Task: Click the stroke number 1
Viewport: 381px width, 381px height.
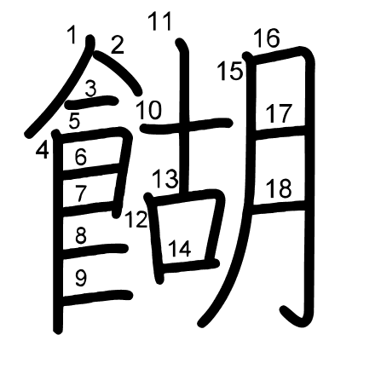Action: point(72,35)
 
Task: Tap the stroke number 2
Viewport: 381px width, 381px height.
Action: point(117,45)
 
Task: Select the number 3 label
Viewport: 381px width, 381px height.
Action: point(91,89)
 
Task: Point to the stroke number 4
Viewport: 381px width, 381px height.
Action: point(43,150)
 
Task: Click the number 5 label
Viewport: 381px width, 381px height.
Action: point(75,120)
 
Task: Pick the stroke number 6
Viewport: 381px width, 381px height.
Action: point(81,157)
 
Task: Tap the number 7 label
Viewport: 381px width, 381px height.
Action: point(81,193)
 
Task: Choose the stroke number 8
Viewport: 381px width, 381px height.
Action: point(81,235)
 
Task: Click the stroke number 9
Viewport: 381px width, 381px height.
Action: point(81,278)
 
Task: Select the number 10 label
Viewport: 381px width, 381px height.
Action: point(149,110)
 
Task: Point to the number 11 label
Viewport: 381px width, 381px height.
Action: point(160,21)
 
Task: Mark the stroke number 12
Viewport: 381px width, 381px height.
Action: point(136,219)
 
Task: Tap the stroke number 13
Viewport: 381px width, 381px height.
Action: point(165,179)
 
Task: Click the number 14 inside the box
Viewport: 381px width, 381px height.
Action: point(180,249)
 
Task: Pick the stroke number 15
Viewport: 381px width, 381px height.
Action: point(230,71)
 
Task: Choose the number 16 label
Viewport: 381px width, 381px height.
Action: point(267,38)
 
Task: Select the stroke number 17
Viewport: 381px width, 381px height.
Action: point(279,113)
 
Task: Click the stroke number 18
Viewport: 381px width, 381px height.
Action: point(279,188)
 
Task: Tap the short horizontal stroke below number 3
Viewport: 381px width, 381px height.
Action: point(91,103)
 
